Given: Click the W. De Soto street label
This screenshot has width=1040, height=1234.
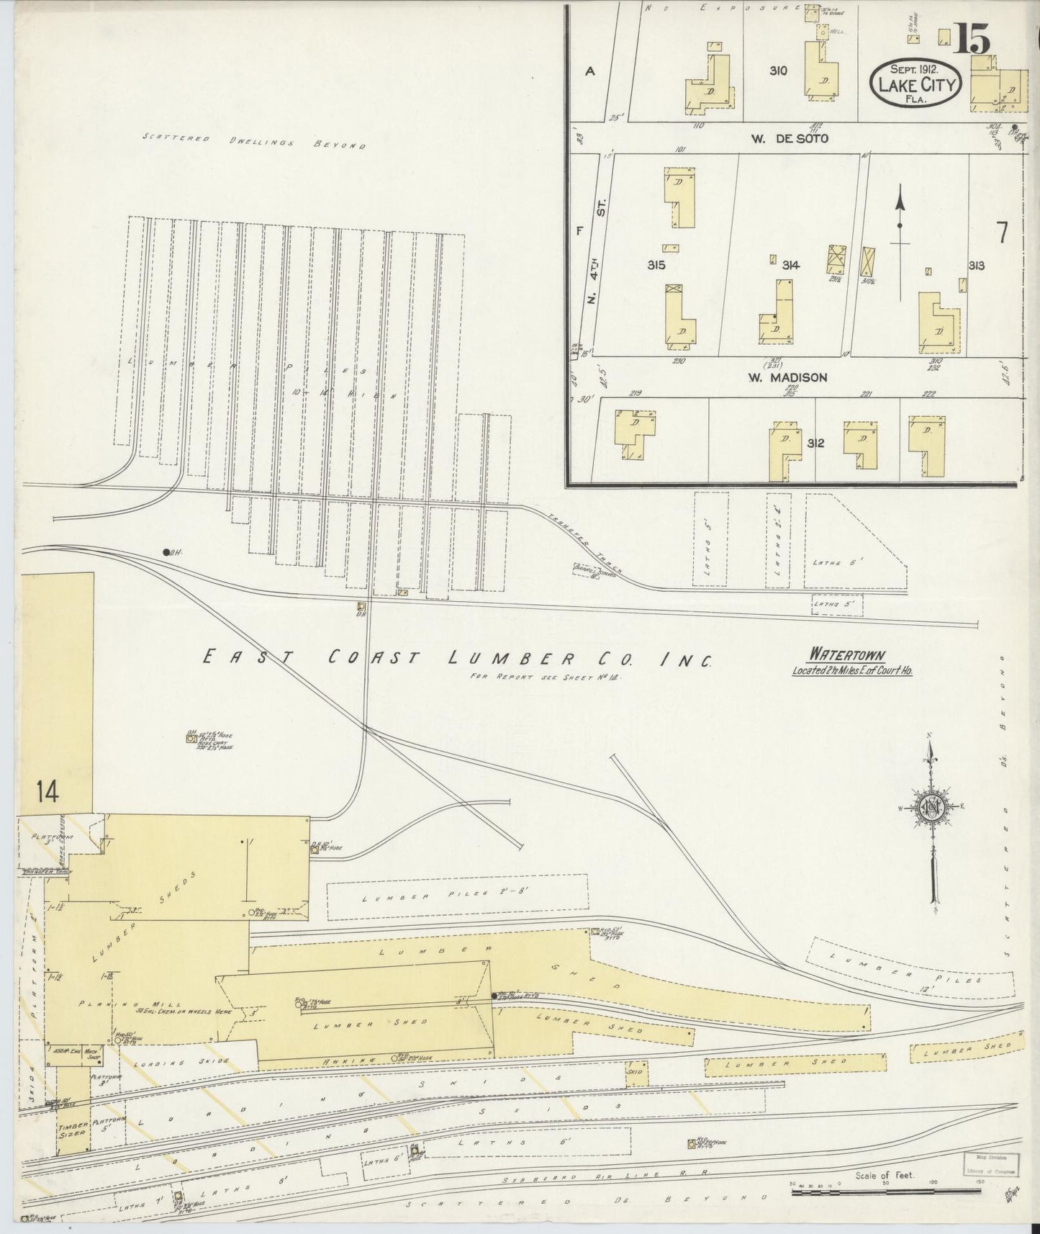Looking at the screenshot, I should [790, 138].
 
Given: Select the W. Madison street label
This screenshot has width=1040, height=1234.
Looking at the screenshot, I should [790, 377].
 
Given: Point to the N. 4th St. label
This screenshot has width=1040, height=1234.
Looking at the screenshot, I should [596, 251].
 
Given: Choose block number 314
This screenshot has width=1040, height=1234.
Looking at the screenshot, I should [790, 266].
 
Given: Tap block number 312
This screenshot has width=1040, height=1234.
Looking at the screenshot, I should [815, 443].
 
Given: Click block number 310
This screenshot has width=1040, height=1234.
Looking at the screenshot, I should [777, 71].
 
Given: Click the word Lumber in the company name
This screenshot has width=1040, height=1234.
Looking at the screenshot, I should [512, 658].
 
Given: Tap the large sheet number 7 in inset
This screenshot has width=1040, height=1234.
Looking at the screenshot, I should [1001, 232].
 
